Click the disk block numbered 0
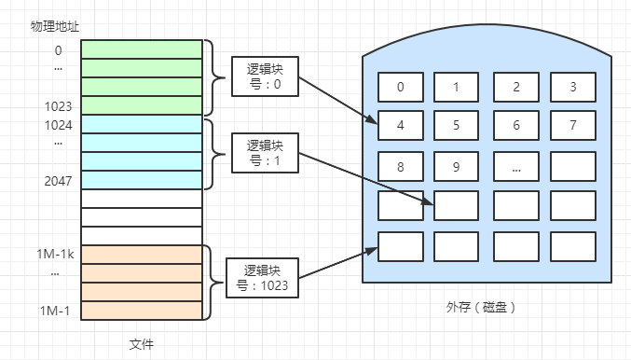click(x=401, y=87)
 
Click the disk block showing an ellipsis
click(x=515, y=166)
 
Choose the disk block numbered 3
click(x=572, y=87)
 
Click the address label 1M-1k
click(x=56, y=253)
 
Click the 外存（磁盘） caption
click(x=481, y=307)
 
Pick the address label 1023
click(x=58, y=105)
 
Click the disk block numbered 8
click(x=401, y=166)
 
